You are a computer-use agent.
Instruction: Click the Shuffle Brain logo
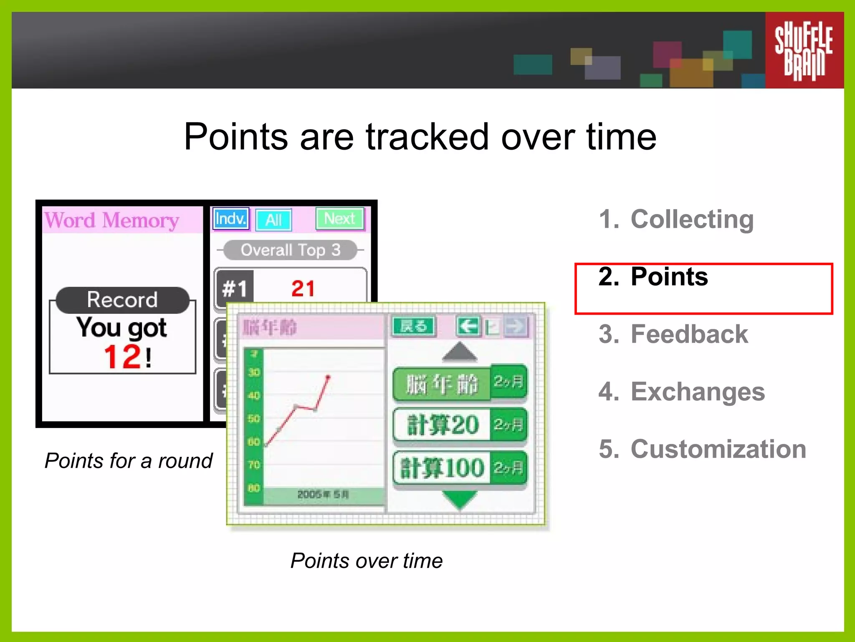click(804, 50)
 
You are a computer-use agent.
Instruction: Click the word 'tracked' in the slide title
click(427, 137)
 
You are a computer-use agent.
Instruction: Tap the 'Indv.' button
click(231, 219)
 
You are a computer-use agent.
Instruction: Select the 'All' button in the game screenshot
click(273, 220)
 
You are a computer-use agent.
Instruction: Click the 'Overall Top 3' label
click(291, 250)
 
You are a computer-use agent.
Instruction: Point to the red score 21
click(303, 288)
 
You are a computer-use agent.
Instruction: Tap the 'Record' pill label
click(122, 300)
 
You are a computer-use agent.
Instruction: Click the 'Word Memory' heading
click(112, 220)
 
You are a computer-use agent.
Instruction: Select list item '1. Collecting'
click(676, 219)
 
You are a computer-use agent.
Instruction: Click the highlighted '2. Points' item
click(653, 277)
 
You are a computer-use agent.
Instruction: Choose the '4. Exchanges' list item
click(682, 392)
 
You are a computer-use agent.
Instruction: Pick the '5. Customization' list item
click(702, 449)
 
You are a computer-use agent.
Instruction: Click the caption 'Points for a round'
click(129, 461)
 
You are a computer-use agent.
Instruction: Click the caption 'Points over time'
click(366, 560)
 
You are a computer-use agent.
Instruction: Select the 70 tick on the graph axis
click(254, 465)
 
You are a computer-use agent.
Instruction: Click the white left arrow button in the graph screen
click(468, 326)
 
